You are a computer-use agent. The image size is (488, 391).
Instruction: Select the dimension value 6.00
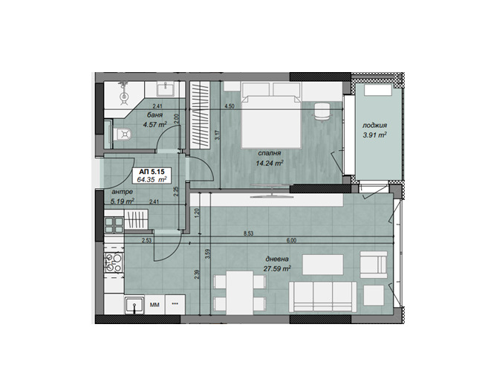click(x=291, y=240)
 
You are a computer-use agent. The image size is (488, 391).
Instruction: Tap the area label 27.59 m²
click(x=276, y=270)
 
